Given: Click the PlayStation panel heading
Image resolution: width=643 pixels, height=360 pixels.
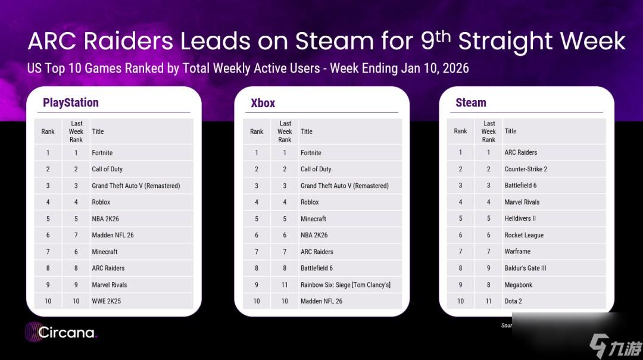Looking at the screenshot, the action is coord(70,102).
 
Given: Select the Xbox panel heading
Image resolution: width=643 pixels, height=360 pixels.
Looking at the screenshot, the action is coord(263,103).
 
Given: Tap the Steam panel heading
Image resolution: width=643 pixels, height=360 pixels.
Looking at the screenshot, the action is coord(471,102).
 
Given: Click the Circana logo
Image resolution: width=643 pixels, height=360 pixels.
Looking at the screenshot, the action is coord(61,332).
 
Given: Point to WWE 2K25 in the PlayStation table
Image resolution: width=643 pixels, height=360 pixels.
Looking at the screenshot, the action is coord(106,301).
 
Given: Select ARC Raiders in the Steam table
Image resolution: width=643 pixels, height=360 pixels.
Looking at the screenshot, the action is coord(520,152).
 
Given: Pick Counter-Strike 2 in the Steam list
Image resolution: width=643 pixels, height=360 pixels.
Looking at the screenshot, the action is coord(526,169).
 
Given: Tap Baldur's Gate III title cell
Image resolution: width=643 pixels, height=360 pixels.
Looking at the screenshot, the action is coord(525,268).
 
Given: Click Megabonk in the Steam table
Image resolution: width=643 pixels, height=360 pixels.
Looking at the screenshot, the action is coord(519,285).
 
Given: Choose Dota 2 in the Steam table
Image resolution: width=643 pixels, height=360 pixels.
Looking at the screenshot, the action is coord(513,301).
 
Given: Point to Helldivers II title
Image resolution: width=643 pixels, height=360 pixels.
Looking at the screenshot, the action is coord(520,218).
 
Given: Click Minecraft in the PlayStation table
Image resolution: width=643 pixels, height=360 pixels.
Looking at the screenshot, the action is coord(105,252).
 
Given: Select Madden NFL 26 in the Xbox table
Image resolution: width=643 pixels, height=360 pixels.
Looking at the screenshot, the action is coord(321,301).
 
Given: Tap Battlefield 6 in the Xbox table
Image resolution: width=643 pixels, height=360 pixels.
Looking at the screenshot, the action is coord(317,268).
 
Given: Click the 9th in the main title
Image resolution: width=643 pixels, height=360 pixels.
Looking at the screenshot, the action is coord(435,40).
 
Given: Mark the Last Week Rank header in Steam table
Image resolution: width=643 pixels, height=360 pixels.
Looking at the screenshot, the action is coord(488,132).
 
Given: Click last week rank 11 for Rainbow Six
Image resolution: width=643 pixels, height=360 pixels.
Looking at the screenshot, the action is coord(285,284).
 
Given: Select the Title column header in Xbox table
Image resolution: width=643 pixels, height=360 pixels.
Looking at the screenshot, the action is coord(307,132).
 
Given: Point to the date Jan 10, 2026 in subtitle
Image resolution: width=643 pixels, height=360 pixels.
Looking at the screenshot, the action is coord(435,68).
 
